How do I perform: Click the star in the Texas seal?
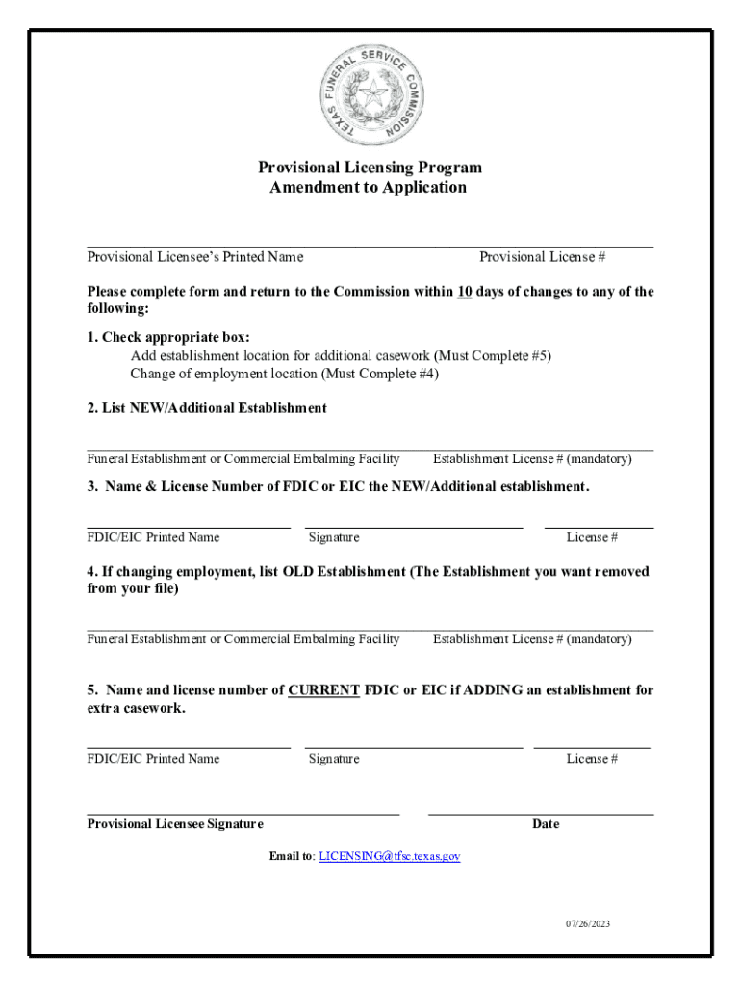tap(370, 94)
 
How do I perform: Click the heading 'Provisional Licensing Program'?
tap(370, 168)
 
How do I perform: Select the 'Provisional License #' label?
tap(542, 257)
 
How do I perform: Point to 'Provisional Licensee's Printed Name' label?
tap(195, 257)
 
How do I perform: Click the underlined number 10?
tap(464, 292)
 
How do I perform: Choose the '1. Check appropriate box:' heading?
tap(168, 337)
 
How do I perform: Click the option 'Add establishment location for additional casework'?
tap(341, 355)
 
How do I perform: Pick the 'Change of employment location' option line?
tap(284, 374)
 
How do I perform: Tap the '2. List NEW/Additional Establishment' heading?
tap(207, 408)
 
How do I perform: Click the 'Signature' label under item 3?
tap(334, 537)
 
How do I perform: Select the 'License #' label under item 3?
tap(592, 537)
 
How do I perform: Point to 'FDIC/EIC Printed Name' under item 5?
tap(153, 759)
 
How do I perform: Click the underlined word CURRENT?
tap(323, 690)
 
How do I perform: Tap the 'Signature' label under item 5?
tap(334, 759)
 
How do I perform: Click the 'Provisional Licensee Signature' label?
tap(175, 824)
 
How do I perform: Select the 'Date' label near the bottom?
tap(546, 824)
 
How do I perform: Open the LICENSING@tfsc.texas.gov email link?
tap(390, 855)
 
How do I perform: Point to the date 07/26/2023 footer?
tap(588, 924)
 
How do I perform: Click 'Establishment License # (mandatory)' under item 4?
tap(532, 639)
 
